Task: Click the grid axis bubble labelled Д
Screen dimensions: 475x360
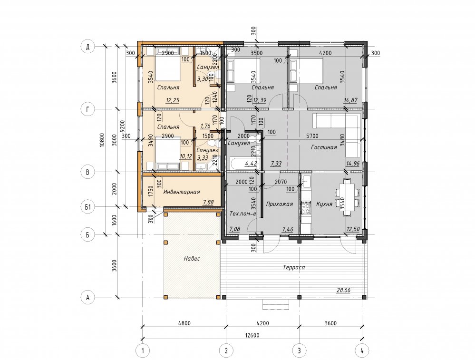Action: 88,47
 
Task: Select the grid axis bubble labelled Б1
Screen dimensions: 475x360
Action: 88,207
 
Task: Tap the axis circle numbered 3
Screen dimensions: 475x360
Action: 299,350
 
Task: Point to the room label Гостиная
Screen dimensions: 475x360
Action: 324,147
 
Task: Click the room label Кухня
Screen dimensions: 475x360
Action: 324,204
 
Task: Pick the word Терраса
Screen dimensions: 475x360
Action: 294,267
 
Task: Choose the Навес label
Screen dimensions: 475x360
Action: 192,259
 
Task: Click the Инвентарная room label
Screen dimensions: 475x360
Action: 182,192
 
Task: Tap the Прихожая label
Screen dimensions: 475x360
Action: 279,204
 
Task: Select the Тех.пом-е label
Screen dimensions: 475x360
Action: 242,214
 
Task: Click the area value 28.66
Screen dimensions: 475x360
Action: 343,290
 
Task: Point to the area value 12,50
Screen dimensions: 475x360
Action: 353,229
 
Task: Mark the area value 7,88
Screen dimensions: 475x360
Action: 208,202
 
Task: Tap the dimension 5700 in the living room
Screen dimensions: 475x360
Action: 312,136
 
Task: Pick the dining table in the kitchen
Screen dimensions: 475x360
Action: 347,198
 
